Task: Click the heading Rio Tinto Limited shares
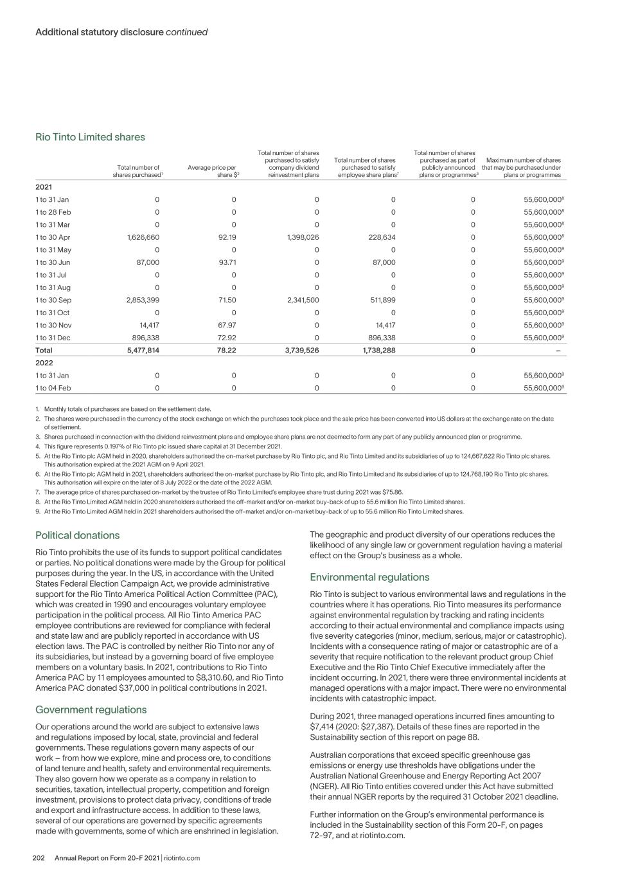point(90,137)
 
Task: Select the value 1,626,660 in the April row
point(143,237)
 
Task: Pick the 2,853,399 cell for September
point(143,300)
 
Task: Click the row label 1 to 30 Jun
point(53,262)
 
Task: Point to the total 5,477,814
point(143,351)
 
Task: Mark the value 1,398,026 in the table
point(301,237)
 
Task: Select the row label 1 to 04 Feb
point(53,388)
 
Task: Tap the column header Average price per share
point(212,171)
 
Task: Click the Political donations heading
point(77,535)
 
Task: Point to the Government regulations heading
point(91,709)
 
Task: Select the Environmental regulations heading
point(369,577)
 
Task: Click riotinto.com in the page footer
point(182,858)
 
